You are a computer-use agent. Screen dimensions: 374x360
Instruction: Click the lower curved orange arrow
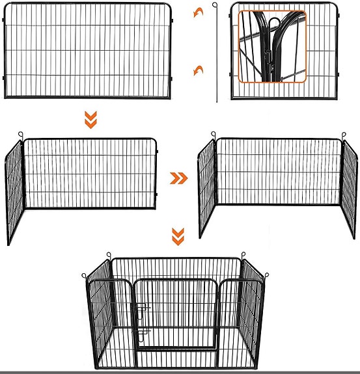pyautogui.click(x=197, y=70)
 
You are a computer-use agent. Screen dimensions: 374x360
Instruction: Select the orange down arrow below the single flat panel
pyautogui.click(x=91, y=119)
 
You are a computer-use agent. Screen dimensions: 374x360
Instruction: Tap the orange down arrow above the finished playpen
pyautogui.click(x=176, y=237)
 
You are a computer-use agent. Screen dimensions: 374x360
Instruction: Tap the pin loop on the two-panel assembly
pyautogui.click(x=21, y=136)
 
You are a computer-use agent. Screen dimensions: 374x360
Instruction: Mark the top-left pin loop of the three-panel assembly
pyautogui.click(x=214, y=135)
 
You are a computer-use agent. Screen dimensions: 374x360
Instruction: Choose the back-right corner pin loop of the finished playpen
pyautogui.click(x=243, y=254)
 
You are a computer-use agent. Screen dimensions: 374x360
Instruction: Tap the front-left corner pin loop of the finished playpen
pyautogui.click(x=85, y=274)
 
